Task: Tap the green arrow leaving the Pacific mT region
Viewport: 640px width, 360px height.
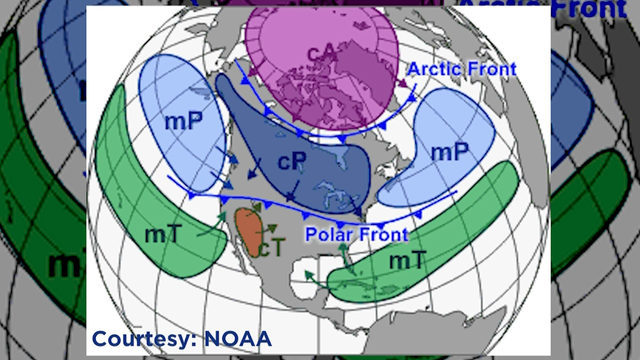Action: point(212,227)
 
